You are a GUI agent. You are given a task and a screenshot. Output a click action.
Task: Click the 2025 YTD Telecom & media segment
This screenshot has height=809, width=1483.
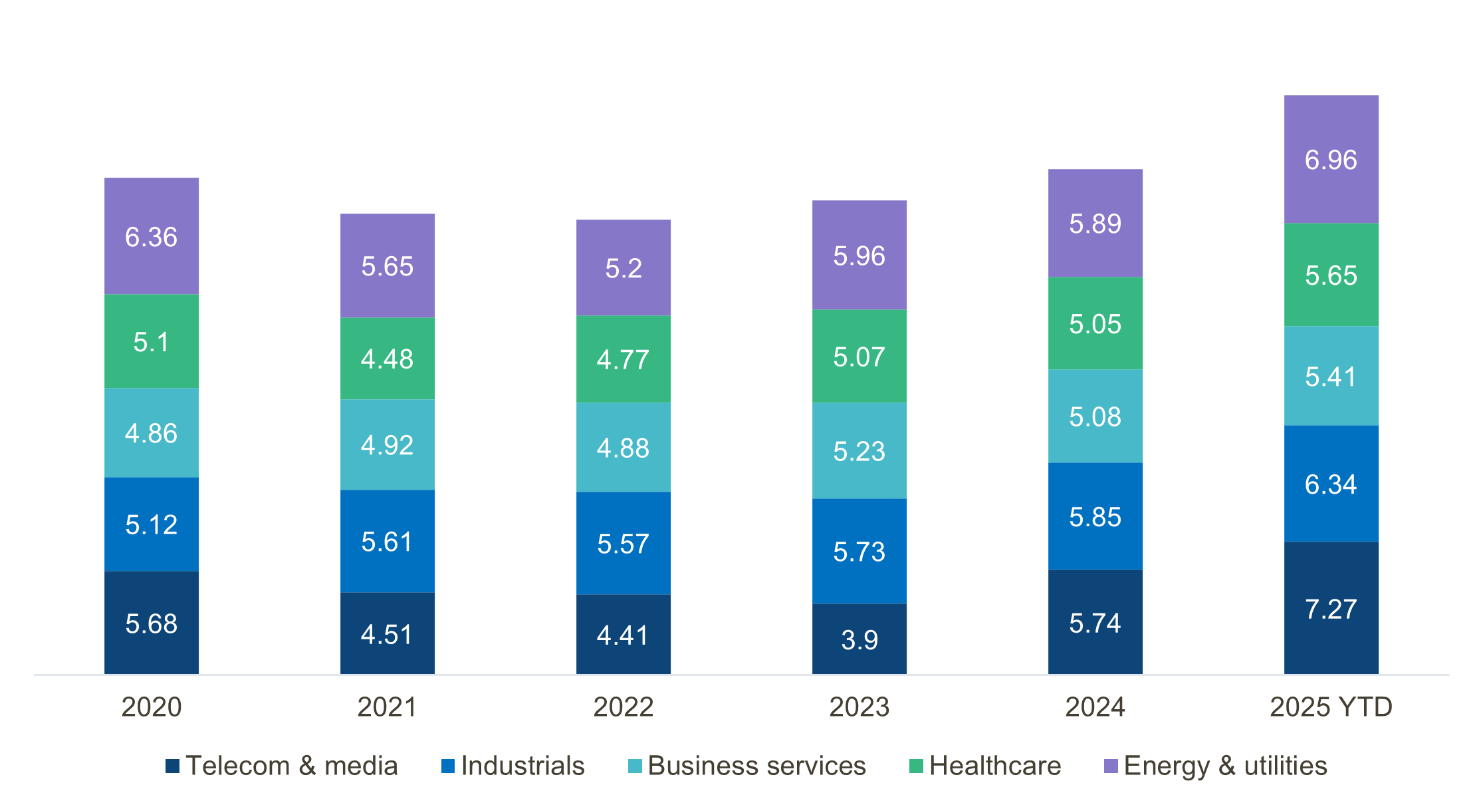tap(1331, 608)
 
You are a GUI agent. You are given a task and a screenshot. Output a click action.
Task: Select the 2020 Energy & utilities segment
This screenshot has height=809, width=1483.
tap(152, 236)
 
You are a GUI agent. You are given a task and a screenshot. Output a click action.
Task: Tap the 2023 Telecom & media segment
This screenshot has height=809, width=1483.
tap(859, 639)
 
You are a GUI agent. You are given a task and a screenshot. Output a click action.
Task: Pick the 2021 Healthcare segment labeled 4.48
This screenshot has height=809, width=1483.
tap(388, 359)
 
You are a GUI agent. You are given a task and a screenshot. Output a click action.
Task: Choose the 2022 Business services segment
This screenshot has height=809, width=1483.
tap(624, 447)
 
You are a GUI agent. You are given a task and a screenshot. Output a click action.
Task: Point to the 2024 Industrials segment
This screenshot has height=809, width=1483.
tap(1095, 516)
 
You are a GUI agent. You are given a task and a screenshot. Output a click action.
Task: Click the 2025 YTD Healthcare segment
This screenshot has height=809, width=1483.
tap(1331, 275)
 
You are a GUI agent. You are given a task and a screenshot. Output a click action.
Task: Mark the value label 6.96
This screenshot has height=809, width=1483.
tap(1331, 160)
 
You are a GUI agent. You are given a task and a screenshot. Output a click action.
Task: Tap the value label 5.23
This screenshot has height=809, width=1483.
tap(859, 452)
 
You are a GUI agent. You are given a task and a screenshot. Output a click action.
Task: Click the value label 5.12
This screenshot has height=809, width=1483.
tap(152, 525)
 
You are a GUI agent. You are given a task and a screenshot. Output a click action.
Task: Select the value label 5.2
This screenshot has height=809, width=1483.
tap(624, 269)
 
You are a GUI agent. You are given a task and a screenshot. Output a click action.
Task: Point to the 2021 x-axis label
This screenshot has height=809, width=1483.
tap(388, 707)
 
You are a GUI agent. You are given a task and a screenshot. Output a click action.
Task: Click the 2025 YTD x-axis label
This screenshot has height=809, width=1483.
tap(1331, 707)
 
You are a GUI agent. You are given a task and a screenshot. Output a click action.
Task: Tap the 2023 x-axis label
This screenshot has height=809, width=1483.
tap(859, 707)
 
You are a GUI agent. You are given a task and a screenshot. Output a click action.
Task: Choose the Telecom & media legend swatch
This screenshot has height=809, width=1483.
tap(173, 766)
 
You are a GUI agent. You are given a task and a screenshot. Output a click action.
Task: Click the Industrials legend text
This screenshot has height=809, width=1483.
tap(522, 766)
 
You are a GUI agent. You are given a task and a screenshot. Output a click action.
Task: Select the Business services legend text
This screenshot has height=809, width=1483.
tap(756, 766)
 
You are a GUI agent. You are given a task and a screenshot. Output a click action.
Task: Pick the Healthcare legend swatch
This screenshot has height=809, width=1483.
tap(916, 766)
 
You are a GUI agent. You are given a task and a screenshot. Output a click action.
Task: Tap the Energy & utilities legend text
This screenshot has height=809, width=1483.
tap(1225, 766)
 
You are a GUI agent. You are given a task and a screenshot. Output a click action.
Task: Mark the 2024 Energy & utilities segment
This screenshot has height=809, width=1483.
tap(1095, 223)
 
